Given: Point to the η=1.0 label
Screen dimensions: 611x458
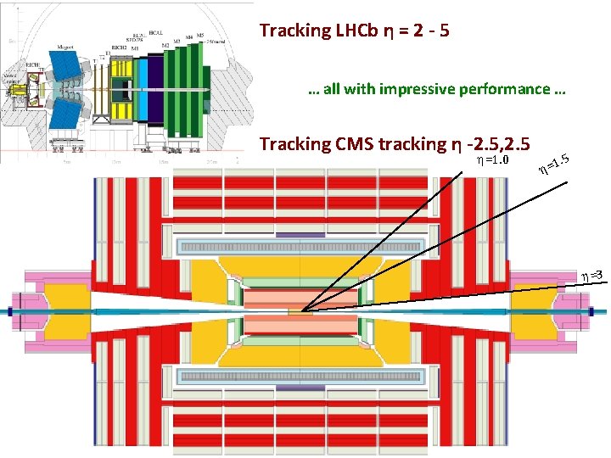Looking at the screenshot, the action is tap(491, 159).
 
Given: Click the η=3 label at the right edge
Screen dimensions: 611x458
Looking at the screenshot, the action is tap(591, 275).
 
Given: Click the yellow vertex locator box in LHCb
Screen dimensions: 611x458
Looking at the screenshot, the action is tap(16, 87).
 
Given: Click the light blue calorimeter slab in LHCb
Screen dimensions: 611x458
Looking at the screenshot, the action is tap(143, 85).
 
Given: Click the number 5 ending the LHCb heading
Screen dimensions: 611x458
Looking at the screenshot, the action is tap(444, 31).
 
